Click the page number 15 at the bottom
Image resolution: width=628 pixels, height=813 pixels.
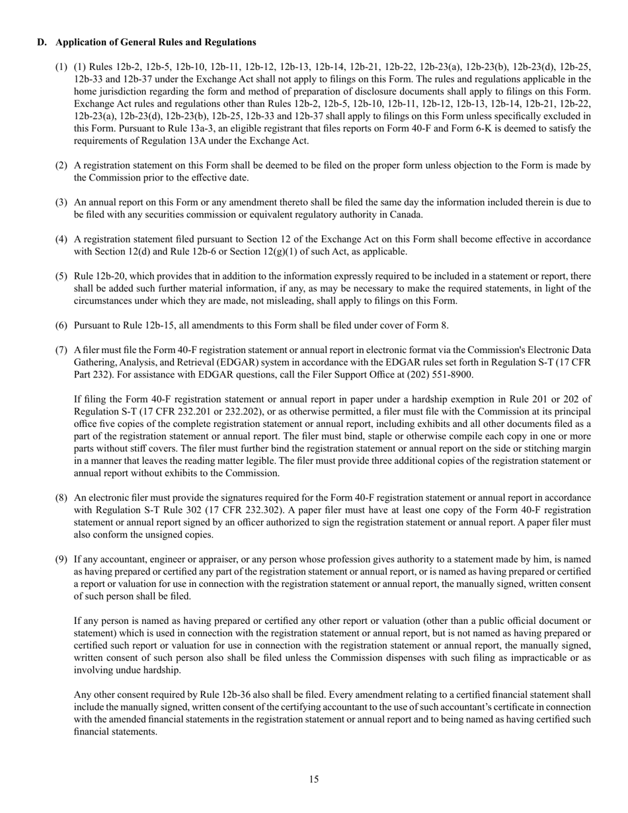point(313,779)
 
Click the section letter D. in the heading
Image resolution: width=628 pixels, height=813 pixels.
point(42,42)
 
